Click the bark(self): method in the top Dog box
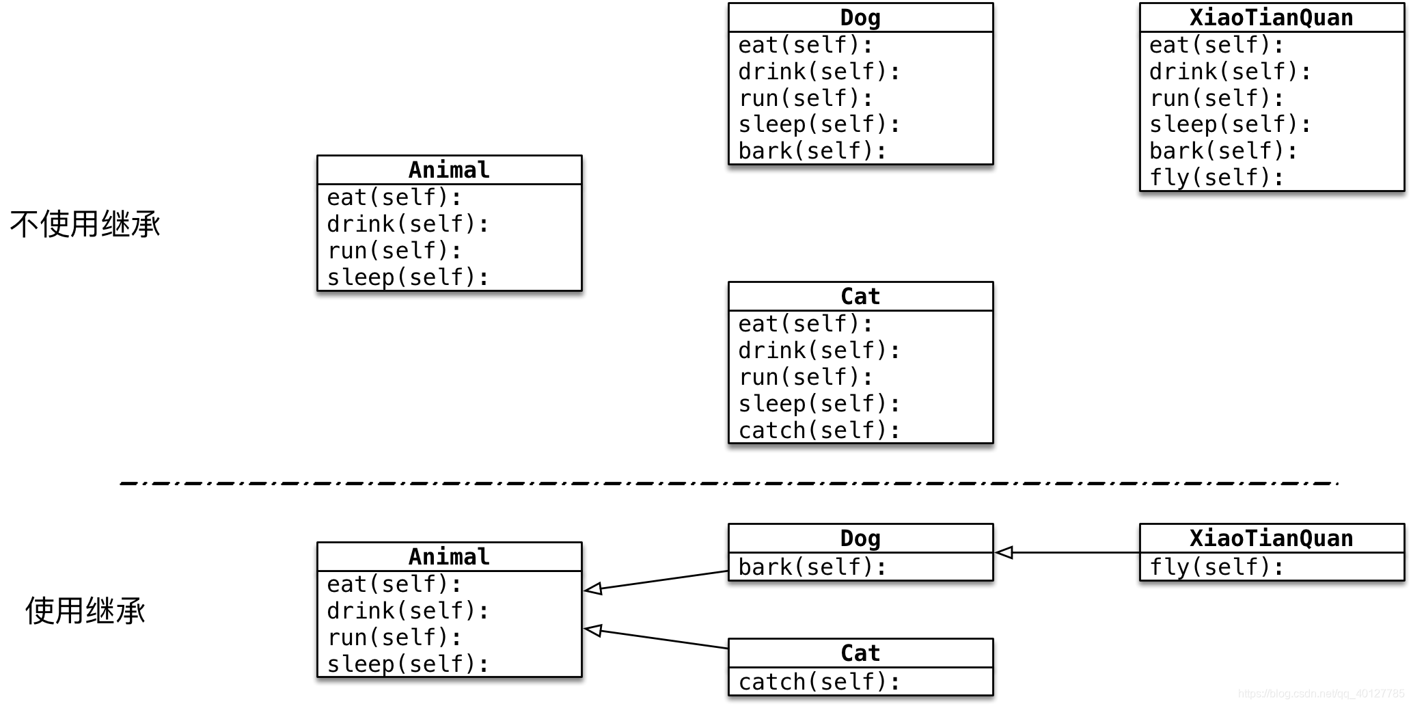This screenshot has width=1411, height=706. pyautogui.click(x=812, y=151)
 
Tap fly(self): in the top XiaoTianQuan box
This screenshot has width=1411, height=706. pyautogui.click(x=1216, y=178)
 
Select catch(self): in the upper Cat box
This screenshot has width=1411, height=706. pyautogui.click(x=819, y=431)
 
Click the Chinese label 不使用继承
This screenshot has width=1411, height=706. pyautogui.click(x=85, y=224)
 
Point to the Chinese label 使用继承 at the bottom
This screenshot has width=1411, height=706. pyautogui.click(x=85, y=610)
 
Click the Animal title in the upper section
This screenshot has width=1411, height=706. pyautogui.click(x=449, y=169)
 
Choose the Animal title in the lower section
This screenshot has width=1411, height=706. pyautogui.click(x=449, y=556)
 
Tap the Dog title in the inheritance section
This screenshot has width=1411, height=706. pyautogui.click(x=860, y=538)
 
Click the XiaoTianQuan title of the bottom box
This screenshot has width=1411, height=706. pyautogui.click(x=1271, y=538)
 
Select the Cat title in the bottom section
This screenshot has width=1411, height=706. pyautogui.click(x=860, y=653)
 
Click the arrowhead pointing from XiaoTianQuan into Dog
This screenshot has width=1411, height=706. pyautogui.click(x=1004, y=552)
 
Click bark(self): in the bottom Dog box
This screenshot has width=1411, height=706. pyautogui.click(x=812, y=567)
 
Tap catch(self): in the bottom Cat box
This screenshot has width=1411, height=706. pyautogui.click(x=819, y=681)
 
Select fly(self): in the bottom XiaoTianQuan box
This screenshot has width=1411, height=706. pyautogui.click(x=1216, y=567)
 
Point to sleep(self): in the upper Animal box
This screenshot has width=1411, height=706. pyautogui.click(x=408, y=277)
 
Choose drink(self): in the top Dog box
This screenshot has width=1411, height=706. pyautogui.click(x=819, y=72)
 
